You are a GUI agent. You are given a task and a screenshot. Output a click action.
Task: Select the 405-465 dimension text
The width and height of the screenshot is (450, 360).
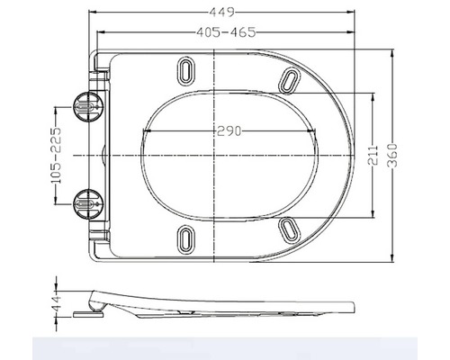pyautogui.click(x=223, y=31)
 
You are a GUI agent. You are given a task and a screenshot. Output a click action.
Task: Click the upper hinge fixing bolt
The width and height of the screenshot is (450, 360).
pyautogui.click(x=86, y=106)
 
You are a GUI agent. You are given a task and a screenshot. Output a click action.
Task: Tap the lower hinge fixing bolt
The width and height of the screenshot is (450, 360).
pyautogui.click(x=86, y=203)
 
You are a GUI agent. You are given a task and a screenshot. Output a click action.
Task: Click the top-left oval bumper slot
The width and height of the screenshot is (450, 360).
pyautogui.click(x=187, y=71)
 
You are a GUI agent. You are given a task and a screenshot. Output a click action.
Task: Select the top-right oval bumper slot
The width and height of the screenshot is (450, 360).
pyautogui.click(x=291, y=80)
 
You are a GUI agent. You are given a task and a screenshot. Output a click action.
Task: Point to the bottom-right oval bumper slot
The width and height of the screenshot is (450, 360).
pyautogui.click(x=291, y=228)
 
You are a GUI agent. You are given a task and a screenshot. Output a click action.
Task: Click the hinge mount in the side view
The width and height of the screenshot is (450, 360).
pyautogui.click(x=87, y=311)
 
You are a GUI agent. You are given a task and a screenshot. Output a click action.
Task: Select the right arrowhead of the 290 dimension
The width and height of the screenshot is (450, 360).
pyautogui.click(x=316, y=132)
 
